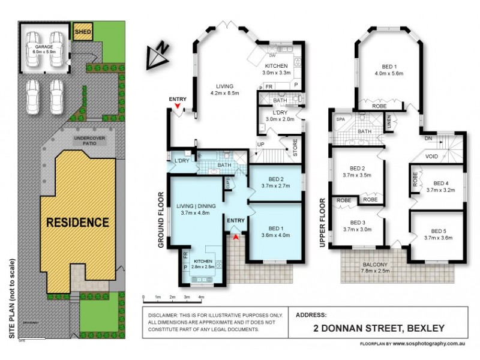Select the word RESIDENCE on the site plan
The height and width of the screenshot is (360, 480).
(x=78, y=222)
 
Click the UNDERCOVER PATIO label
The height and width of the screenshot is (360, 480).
(x=89, y=141)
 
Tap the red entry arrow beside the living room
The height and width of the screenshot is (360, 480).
(x=177, y=107)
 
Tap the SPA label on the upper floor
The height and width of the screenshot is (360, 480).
(x=340, y=119)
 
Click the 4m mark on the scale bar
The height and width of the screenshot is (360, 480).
(x=201, y=297)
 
